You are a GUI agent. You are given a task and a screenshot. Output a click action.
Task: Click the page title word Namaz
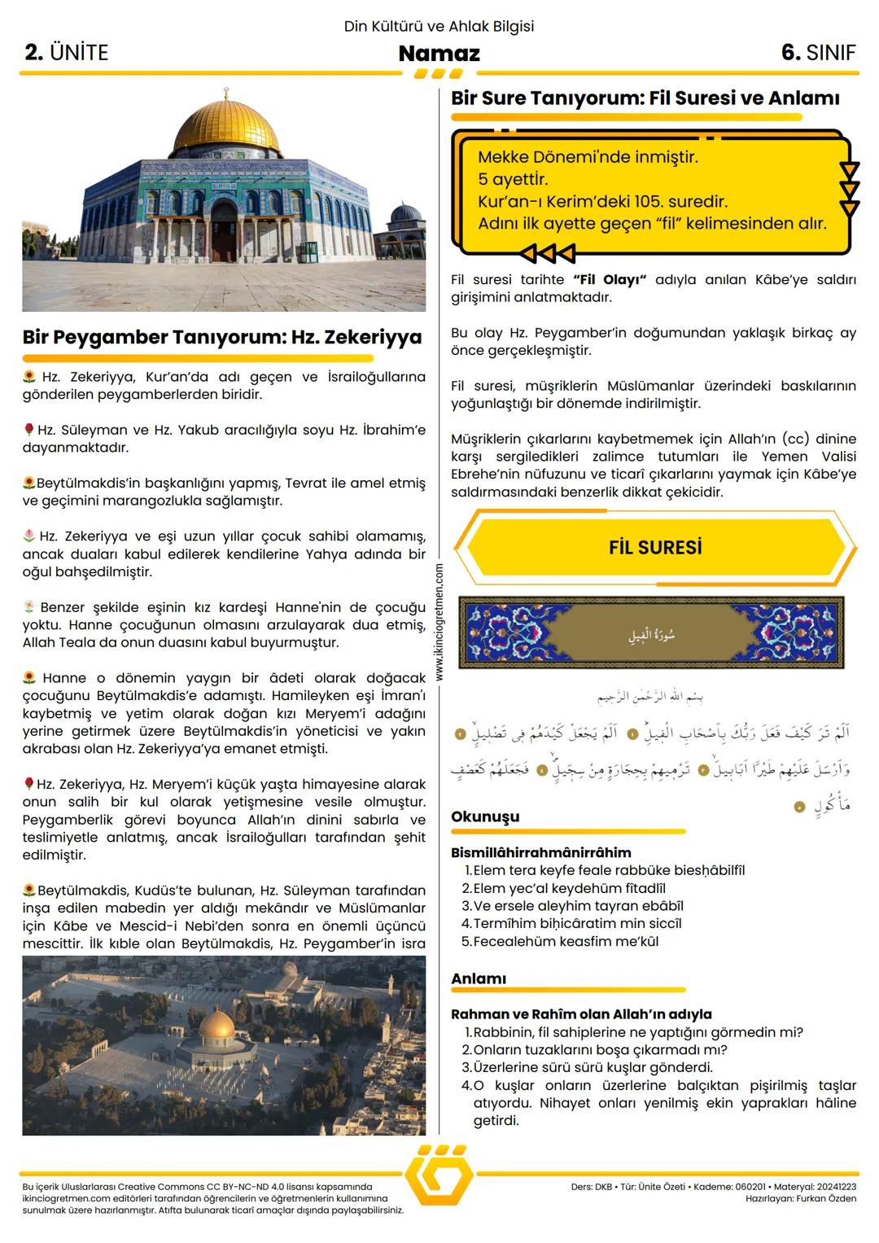439,54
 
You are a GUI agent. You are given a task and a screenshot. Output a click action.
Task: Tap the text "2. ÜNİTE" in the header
67,53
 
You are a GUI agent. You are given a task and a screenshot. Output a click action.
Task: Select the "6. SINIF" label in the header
818,53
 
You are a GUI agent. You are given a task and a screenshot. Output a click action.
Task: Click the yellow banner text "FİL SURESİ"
655,548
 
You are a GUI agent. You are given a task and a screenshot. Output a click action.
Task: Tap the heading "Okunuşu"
485,816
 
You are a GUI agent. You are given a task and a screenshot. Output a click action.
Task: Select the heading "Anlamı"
479,978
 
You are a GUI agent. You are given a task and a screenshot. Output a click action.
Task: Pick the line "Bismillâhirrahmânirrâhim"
540,852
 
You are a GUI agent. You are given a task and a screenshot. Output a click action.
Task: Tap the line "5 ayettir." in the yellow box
513,179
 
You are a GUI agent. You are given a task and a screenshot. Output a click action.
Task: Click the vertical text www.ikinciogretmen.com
439,622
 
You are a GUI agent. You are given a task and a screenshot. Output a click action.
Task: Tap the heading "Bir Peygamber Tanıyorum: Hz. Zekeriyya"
222,337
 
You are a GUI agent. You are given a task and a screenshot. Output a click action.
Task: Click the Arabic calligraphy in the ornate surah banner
650,634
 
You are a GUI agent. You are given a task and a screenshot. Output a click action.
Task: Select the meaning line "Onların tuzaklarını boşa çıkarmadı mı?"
600,1050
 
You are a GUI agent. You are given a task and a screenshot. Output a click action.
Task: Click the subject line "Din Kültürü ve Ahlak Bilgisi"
439,26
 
